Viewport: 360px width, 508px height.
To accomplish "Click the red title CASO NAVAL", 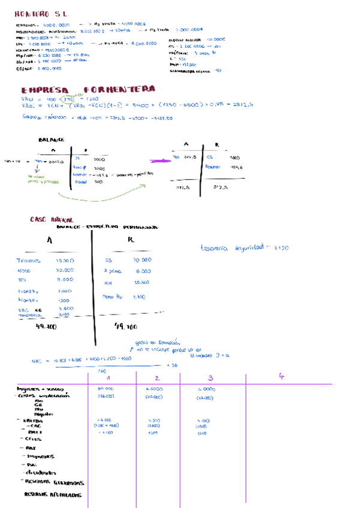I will tap(47, 220).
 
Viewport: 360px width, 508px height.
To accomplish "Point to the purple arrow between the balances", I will tap(158, 161).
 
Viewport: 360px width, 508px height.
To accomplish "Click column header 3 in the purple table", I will tap(210, 378).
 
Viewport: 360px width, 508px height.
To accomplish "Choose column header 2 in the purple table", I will tap(156, 378).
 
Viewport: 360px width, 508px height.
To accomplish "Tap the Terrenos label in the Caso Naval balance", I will tap(29, 261).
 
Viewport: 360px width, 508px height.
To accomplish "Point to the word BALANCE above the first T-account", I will tap(52, 140).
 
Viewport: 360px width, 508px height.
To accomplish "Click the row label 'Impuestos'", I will tap(40, 456).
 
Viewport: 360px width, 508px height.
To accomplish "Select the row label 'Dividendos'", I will tap(38, 473).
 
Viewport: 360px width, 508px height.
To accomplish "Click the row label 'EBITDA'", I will tap(34, 421).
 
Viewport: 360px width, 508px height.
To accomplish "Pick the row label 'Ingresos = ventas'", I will tap(40, 389).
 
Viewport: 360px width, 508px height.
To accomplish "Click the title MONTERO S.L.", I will tap(41, 13).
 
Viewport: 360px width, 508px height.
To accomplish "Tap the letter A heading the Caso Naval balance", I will tap(49, 240).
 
